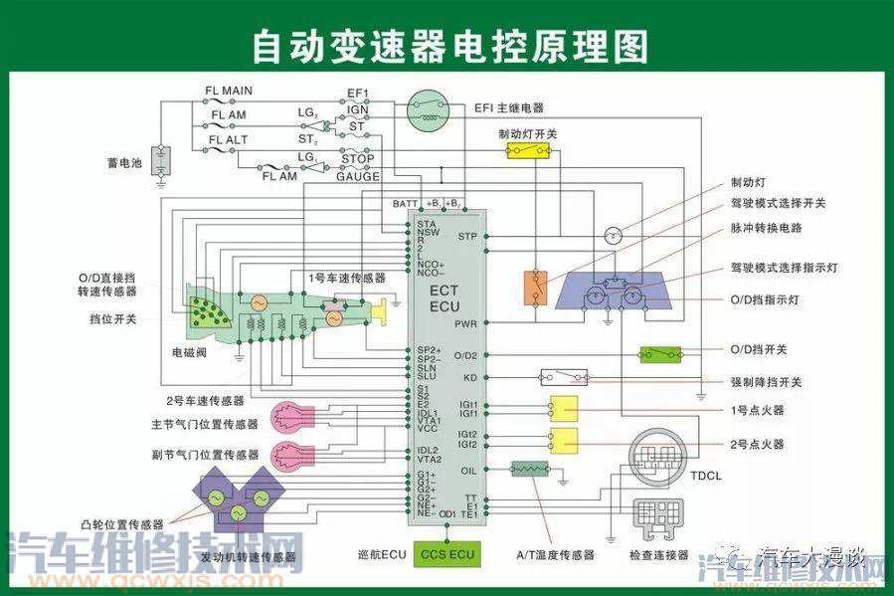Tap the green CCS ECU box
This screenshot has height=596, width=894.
(447, 553)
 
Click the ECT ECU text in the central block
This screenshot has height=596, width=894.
(445, 298)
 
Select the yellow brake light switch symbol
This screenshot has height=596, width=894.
(527, 150)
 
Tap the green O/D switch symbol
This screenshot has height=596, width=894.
(660, 353)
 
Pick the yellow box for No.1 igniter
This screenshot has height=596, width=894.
(564, 408)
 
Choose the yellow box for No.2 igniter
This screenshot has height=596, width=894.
(564, 440)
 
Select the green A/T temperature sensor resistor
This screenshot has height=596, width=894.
(529, 469)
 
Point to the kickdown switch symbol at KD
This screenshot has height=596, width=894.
(563, 378)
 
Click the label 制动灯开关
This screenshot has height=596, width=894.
(527, 131)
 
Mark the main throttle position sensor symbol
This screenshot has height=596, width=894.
(294, 417)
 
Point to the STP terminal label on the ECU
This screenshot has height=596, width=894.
(467, 237)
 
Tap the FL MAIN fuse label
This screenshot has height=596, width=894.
(229, 91)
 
